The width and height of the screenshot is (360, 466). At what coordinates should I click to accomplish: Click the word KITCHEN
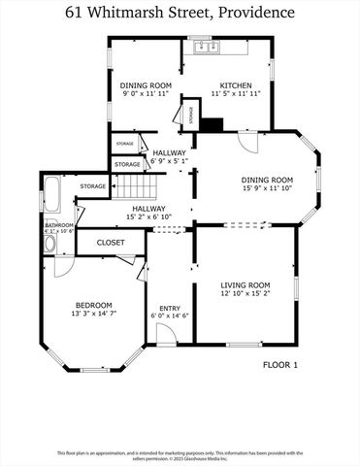click(236, 85)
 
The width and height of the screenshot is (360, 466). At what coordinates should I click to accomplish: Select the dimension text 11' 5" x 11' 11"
click(236, 95)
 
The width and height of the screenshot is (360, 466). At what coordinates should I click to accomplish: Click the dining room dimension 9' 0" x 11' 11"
click(147, 95)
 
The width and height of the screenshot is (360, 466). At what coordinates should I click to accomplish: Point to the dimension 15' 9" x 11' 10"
click(267, 189)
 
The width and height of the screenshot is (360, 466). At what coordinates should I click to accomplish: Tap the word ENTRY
click(170, 309)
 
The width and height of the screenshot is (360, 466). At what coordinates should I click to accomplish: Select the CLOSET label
click(110, 242)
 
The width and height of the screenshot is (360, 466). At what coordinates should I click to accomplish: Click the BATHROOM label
click(58, 224)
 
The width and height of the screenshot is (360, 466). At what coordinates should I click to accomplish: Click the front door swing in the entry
click(166, 335)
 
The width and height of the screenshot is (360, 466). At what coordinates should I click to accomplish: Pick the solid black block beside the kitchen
click(214, 124)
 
